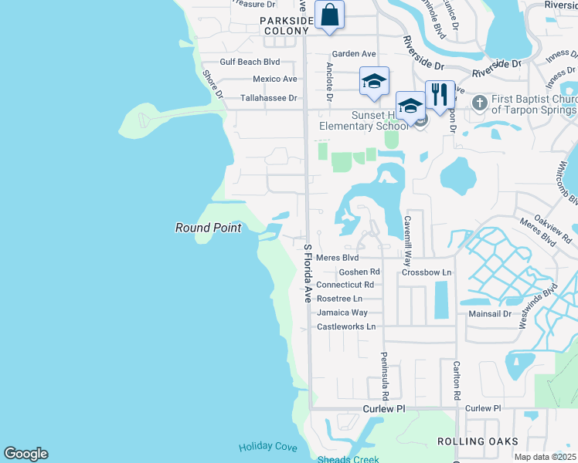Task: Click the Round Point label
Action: point(208,228)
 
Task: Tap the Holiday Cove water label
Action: point(267,447)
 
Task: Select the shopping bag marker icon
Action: point(330,15)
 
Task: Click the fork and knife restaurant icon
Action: point(440,95)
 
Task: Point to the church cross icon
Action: point(479,102)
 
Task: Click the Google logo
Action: point(25,454)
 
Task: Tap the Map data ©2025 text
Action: point(545,457)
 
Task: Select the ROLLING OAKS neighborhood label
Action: point(471,441)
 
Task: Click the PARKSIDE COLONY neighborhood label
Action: point(287,25)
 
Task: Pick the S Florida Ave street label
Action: point(307,273)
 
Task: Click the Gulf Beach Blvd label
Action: point(249,62)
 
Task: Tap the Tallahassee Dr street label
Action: point(268,98)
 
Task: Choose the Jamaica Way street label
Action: point(342,313)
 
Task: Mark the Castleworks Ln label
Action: point(346,327)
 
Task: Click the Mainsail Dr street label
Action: point(490,314)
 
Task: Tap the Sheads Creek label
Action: point(348,459)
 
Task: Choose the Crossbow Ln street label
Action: point(426,273)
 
